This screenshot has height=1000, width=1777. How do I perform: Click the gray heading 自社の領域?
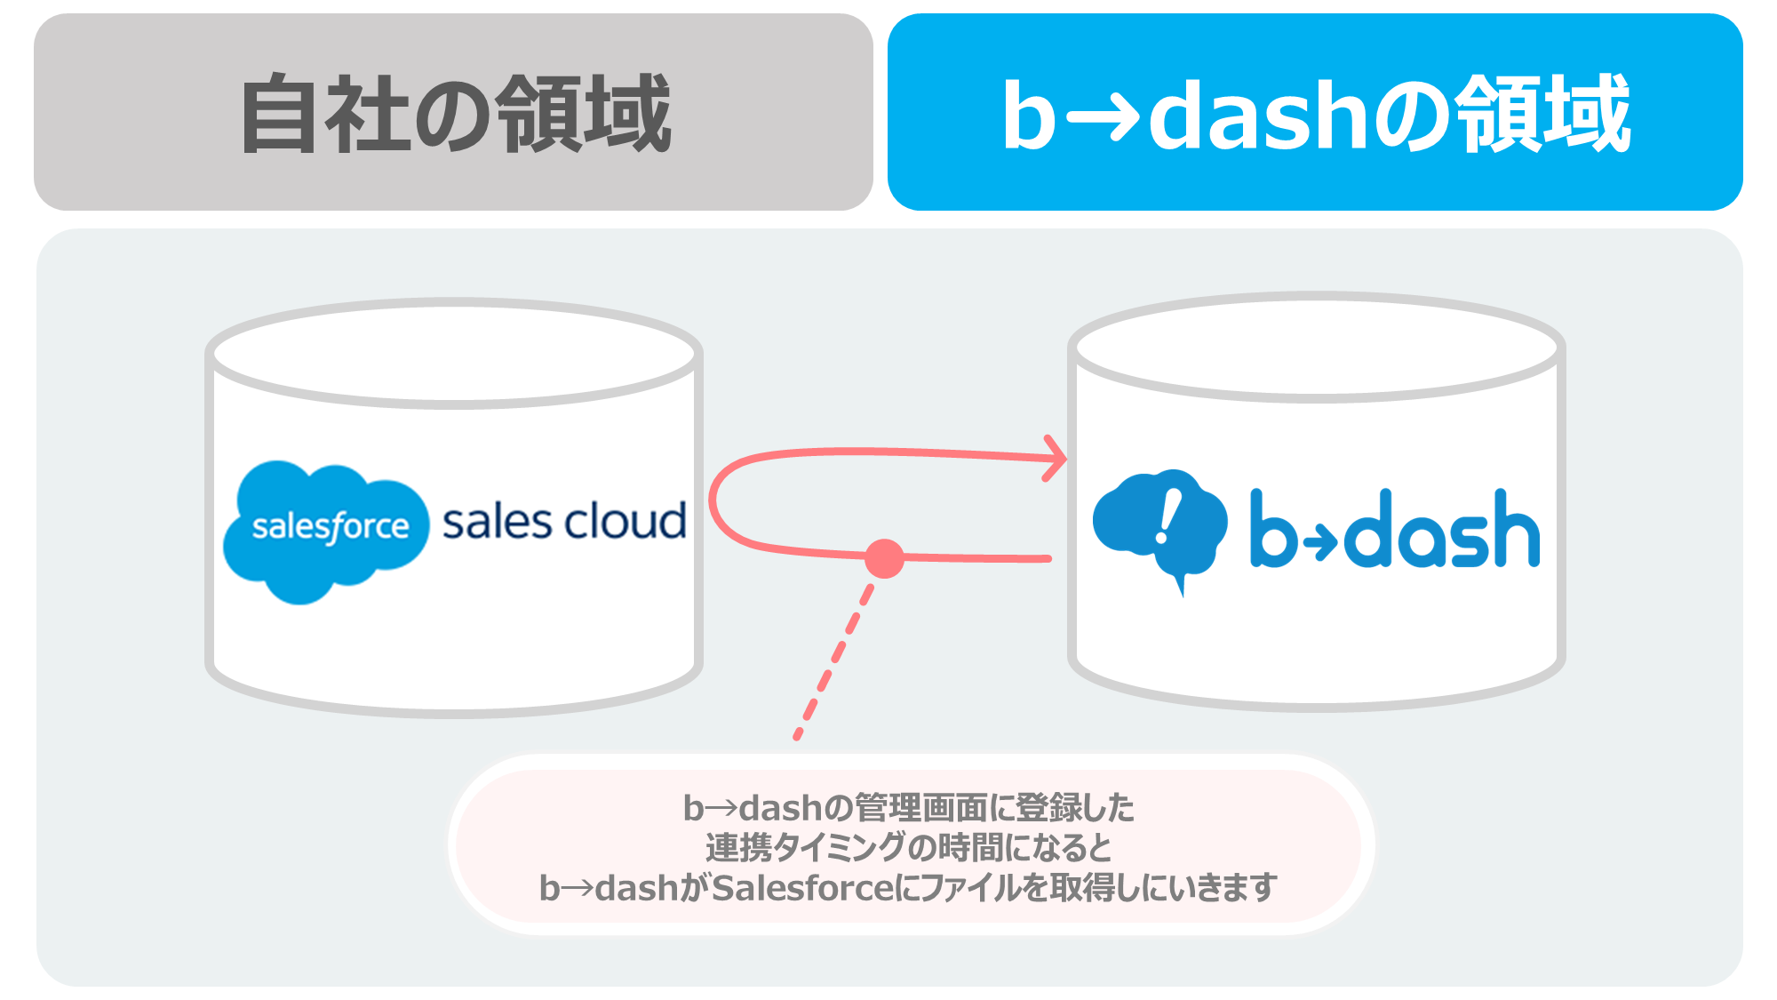[x=455, y=114]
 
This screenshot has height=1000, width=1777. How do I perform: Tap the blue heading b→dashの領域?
[x=1316, y=114]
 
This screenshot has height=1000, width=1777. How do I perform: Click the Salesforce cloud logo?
[x=326, y=531]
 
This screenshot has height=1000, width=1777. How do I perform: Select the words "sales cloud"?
[x=564, y=522]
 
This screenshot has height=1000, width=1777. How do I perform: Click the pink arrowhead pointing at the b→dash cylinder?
[x=1056, y=459]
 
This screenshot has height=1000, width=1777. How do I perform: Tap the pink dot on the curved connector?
[x=884, y=558]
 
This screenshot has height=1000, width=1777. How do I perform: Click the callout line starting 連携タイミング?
[x=908, y=847]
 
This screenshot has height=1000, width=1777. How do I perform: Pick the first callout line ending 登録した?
[x=908, y=808]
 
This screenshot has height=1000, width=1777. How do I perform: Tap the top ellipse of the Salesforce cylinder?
[x=454, y=353]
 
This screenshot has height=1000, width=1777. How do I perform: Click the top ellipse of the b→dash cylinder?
[x=1317, y=347]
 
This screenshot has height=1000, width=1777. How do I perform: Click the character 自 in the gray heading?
[x=280, y=114]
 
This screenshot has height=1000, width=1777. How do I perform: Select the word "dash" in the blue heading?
[x=1259, y=114]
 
